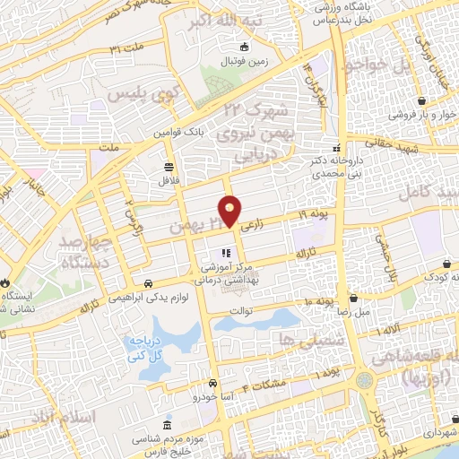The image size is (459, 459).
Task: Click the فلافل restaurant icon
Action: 169,167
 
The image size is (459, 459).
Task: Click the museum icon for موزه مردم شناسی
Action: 167,424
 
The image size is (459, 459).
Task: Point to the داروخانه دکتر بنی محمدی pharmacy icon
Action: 337,148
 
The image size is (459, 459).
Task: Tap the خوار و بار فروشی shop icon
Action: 394,114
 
